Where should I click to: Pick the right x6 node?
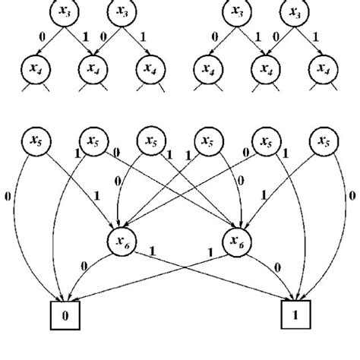tap(237, 242)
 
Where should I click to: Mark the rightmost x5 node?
tap(325, 142)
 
